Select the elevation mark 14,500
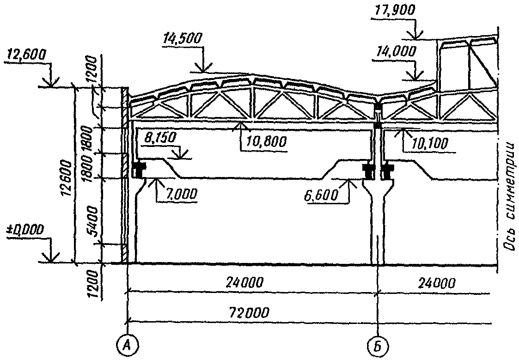click(x=182, y=39)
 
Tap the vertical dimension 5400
click(x=93, y=221)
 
